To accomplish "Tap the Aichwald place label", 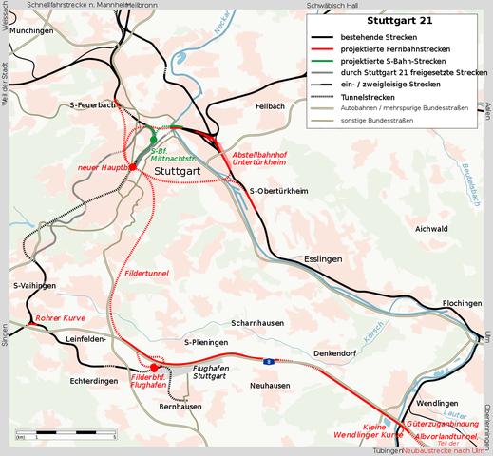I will pos(432,229).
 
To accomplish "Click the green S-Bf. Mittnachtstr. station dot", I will pos(154,140).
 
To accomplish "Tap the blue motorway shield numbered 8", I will pos(269,360).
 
